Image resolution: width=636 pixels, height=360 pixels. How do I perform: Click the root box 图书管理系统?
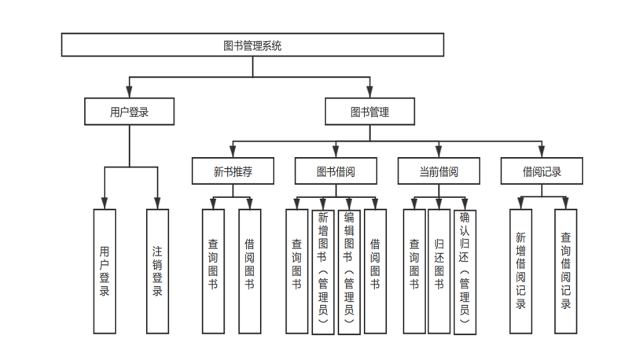252,46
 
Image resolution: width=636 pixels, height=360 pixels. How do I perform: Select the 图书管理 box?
369,112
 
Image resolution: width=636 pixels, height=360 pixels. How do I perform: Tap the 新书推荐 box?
233,171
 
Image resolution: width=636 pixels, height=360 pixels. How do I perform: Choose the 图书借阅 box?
336,171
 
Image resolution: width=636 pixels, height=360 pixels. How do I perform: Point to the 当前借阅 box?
438,171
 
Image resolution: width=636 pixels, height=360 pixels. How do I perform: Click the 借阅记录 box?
542,171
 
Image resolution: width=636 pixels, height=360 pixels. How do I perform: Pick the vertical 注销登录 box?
157,270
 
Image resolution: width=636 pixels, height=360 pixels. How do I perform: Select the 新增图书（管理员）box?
322,272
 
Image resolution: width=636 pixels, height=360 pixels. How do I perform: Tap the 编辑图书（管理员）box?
349,272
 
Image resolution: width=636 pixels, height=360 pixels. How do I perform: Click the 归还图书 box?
439,270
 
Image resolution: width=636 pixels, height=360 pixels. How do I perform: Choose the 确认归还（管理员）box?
465,272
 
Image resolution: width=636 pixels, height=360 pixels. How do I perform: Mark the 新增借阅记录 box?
520,270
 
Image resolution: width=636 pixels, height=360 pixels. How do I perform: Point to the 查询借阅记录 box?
566,270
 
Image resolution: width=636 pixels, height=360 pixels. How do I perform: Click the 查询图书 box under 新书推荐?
213,270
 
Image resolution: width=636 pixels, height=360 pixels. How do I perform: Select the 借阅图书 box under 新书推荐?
249,270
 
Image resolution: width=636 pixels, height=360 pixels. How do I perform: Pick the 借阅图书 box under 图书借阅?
375,270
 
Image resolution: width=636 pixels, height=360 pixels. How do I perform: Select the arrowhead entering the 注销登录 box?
157,204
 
